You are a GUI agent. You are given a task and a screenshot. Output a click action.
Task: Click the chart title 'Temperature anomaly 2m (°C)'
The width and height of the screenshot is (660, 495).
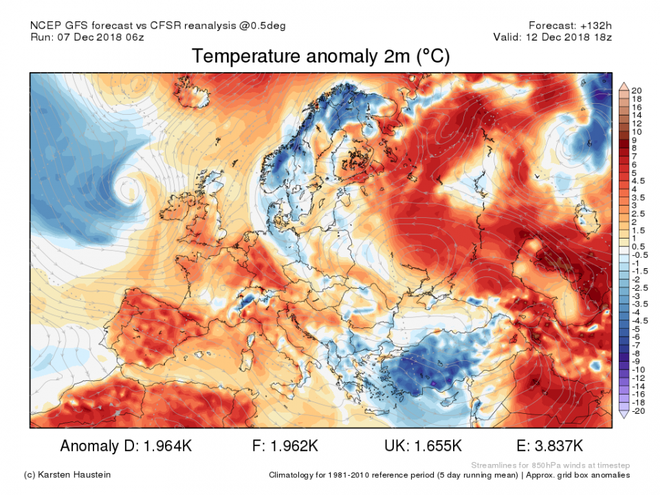[320, 56]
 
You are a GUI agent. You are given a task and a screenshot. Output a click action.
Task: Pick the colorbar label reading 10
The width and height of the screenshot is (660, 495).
[637, 131]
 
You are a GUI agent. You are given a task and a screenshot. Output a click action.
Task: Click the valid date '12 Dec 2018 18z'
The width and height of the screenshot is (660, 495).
[569, 37]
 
